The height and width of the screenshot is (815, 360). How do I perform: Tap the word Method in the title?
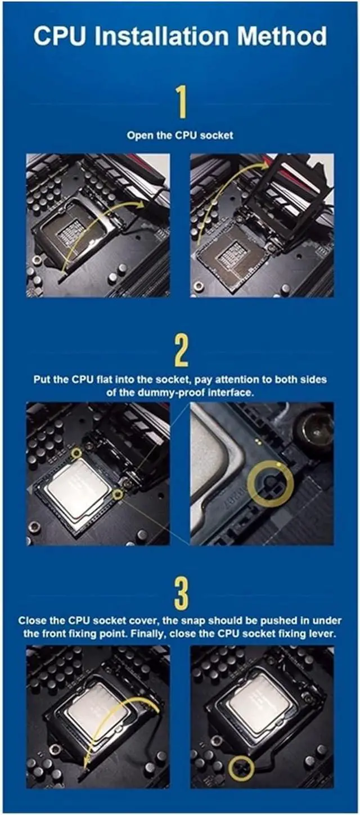pos(282,36)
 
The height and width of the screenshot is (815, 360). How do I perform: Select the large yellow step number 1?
pos(181,102)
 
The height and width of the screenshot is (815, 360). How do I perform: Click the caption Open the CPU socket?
pos(180,136)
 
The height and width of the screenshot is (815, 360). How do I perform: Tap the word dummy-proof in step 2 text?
pos(173,392)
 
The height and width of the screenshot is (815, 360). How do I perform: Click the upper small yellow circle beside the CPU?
pos(76,453)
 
